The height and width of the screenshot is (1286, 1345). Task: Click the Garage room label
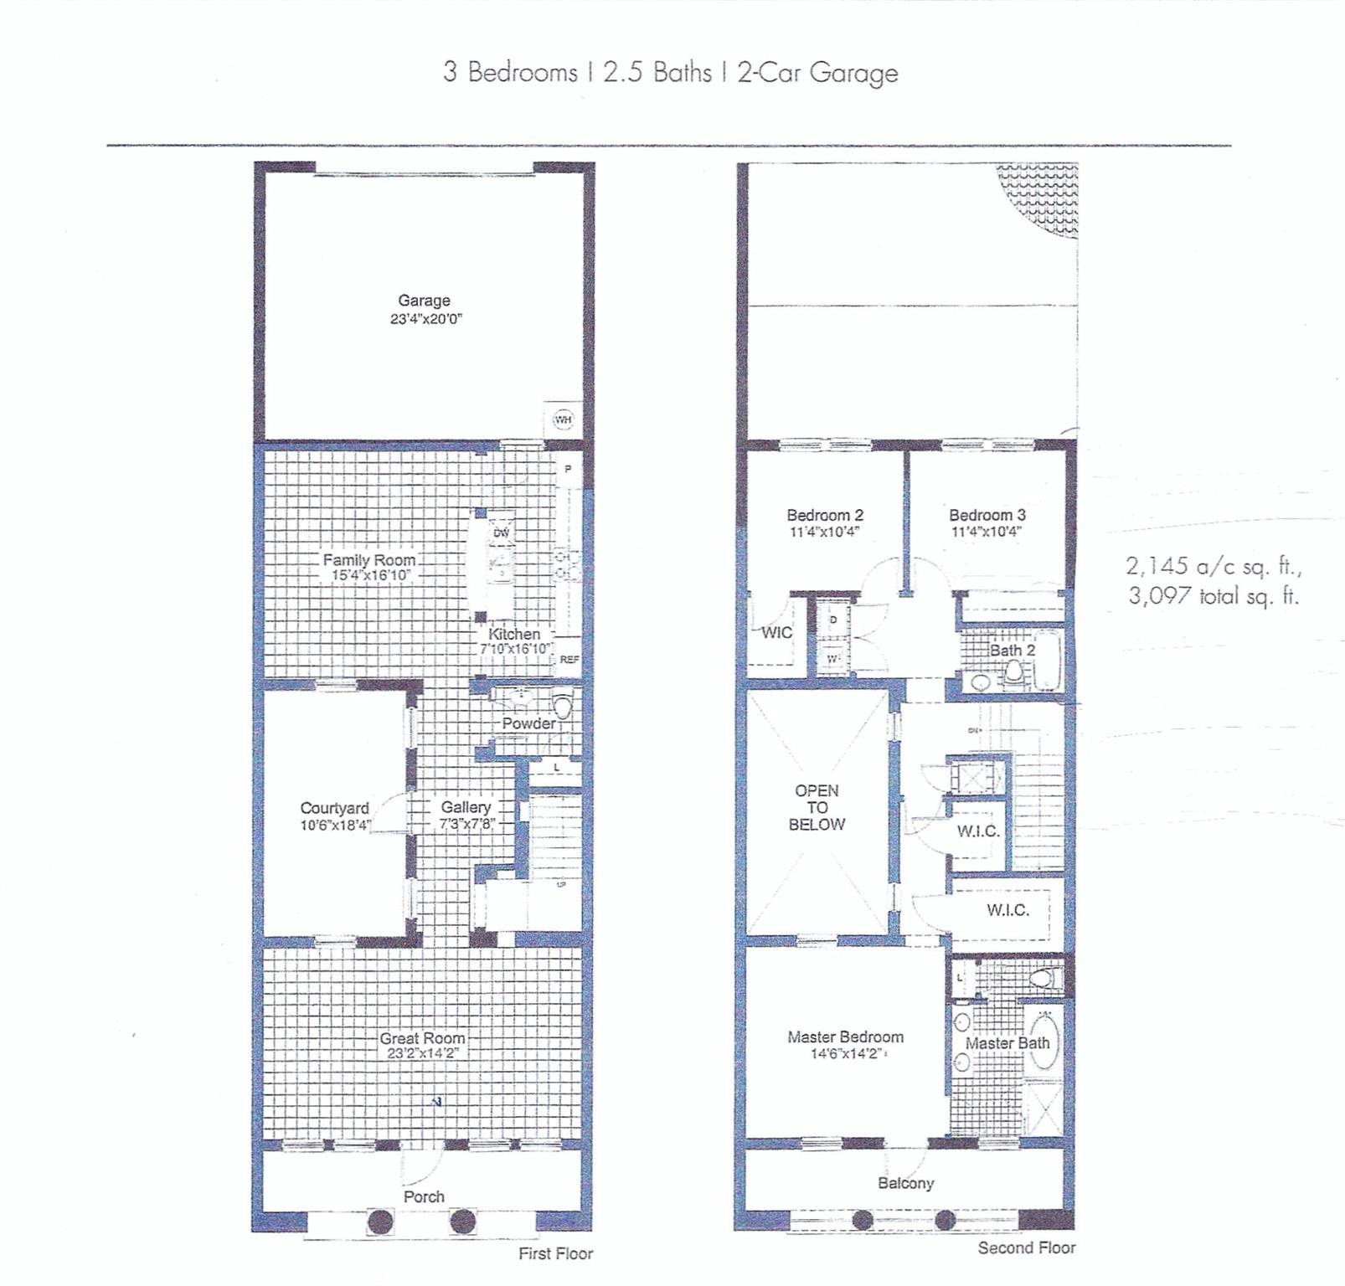tap(424, 301)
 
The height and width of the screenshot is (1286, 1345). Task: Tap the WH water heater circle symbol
tap(563, 419)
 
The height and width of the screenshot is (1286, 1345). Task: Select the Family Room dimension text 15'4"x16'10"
tap(370, 576)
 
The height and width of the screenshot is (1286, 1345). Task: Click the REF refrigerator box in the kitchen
tap(569, 660)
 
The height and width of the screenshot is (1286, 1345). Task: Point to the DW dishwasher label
tap(501, 532)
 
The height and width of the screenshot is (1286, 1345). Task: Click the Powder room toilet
tap(562, 707)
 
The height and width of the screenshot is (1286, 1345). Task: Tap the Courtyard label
tap(334, 808)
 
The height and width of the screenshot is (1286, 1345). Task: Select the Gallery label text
tap(466, 807)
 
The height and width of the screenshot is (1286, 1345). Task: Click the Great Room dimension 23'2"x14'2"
tap(423, 1053)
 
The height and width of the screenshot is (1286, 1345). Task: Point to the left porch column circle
tap(381, 1222)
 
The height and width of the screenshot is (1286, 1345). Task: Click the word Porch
tap(424, 1196)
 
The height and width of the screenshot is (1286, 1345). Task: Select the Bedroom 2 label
tap(824, 515)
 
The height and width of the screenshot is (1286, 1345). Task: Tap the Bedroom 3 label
tap(987, 515)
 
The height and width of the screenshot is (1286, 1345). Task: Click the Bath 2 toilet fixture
tap(1014, 671)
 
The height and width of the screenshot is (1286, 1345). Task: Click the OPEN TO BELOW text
tap(817, 807)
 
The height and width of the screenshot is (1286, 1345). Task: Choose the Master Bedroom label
tap(845, 1037)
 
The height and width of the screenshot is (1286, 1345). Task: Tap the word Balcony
tap(905, 1183)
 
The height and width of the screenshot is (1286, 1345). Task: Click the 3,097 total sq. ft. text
tap(1213, 596)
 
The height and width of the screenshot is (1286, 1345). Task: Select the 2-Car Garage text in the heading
tap(817, 73)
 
